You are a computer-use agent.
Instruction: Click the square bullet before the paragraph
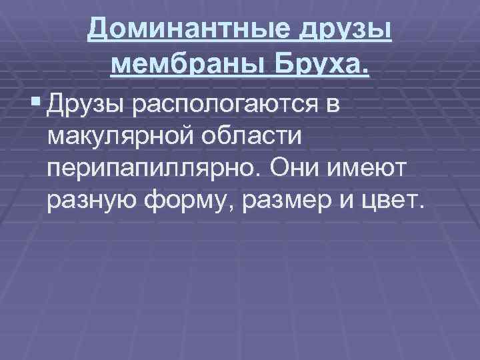click(x=35, y=103)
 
